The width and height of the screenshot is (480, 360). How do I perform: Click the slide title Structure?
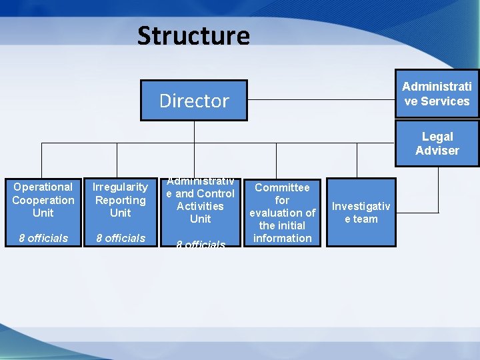tap(193, 35)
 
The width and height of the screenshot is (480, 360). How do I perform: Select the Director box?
tap(193, 101)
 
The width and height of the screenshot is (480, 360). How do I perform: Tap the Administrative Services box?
tap(437, 93)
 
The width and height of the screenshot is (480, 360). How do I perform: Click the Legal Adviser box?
tap(437, 143)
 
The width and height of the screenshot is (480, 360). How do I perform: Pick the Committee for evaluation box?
tap(282, 213)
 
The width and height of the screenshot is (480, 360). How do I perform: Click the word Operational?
tap(43, 187)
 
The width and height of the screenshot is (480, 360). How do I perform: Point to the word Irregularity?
tap(120, 187)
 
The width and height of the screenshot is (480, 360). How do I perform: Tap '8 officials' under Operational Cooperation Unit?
tap(43, 238)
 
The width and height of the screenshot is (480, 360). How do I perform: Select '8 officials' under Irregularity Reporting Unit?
tap(120, 238)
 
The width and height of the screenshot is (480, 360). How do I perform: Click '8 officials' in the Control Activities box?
tap(200, 245)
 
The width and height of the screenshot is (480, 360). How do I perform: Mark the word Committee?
tap(282, 188)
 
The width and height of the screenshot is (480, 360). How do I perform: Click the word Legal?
tap(437, 137)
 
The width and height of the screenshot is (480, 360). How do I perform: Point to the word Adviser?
tap(437, 151)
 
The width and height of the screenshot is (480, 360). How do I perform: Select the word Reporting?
tap(120, 200)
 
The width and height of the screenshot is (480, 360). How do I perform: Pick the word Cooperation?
tap(43, 200)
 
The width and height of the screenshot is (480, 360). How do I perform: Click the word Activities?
tap(200, 206)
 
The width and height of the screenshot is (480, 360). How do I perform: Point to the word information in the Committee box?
tap(282, 238)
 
